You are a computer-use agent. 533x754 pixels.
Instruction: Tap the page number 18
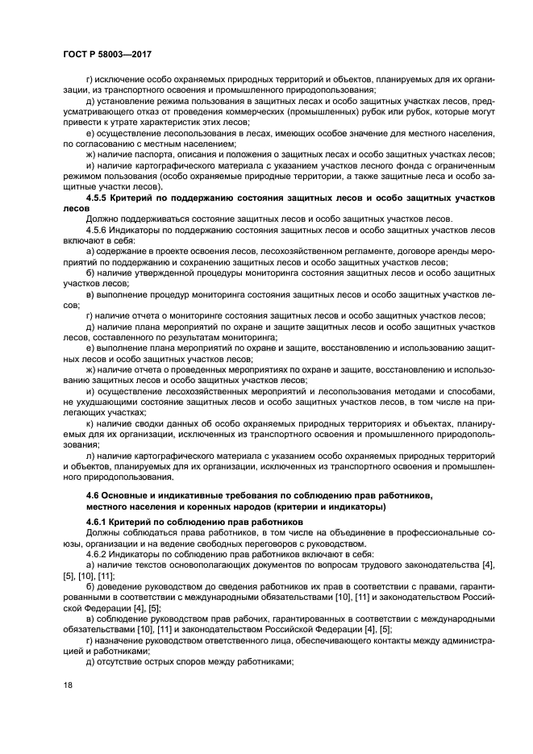click(67, 684)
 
